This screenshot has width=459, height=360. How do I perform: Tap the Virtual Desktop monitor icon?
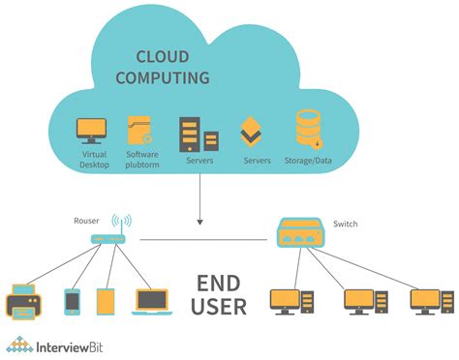click(x=93, y=130)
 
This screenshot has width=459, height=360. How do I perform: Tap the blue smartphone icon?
click(x=72, y=302)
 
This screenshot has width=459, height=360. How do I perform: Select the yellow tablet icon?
click(x=105, y=302)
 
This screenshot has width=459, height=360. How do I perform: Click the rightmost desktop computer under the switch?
click(x=429, y=302)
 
